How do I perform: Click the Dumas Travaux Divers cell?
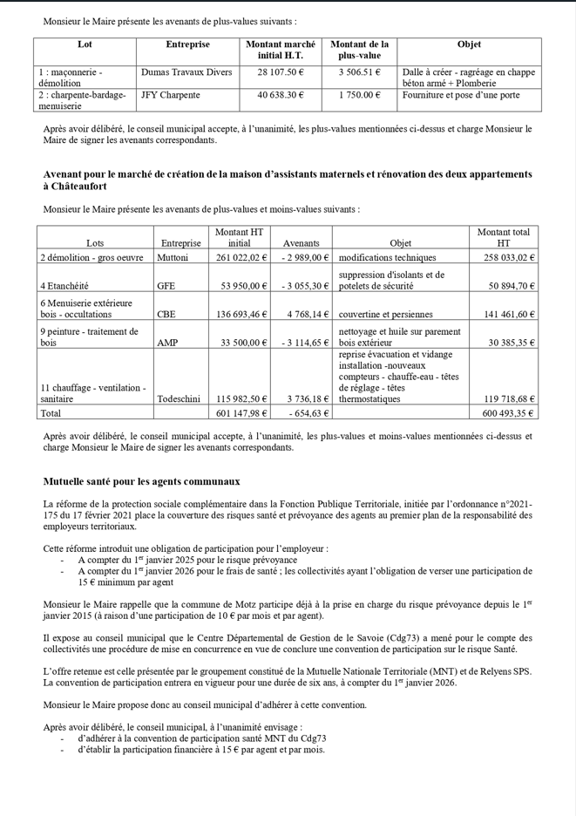(186, 72)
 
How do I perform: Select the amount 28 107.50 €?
(281, 72)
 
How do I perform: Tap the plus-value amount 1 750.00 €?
(360, 95)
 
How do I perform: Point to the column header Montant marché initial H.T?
(281, 50)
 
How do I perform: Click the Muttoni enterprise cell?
(173, 258)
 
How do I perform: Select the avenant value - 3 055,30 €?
(305, 285)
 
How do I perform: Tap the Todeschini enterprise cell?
(180, 398)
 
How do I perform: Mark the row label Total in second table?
(52, 413)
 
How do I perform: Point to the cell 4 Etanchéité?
(65, 285)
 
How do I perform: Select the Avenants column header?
(302, 243)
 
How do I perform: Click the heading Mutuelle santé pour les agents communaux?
(142, 480)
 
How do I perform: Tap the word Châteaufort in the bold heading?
(73, 187)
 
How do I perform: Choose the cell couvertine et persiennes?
(383, 313)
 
